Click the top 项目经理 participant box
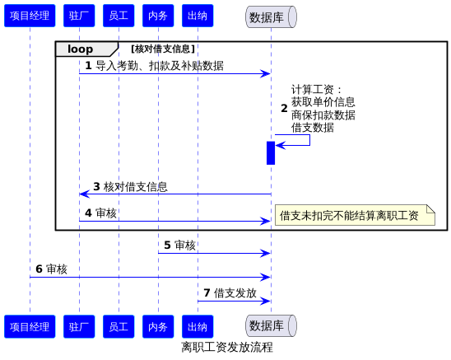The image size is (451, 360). tap(30, 16)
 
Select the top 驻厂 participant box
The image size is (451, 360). tap(79, 16)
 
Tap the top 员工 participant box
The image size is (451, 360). tap(119, 16)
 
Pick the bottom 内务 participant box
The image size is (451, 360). tap(158, 326)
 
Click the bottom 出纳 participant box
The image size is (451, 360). tap(198, 326)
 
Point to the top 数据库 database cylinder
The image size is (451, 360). tap(271, 17)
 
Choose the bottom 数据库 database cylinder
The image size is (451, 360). tap(271, 325)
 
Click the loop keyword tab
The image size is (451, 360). tap(86, 49)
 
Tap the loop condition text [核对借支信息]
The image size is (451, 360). tap(163, 49)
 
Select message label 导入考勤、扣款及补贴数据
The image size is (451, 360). tap(160, 66)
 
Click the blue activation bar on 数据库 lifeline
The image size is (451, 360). tap(271, 153)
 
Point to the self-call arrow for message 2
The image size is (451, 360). tap(309, 140)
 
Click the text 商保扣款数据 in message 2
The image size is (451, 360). tap(323, 115)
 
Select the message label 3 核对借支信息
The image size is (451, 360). tap(130, 187)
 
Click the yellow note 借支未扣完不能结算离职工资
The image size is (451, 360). tap(355, 215)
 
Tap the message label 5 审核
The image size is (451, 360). tap(179, 245)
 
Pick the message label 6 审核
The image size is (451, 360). tap(52, 269)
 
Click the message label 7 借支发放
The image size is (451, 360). tap(230, 293)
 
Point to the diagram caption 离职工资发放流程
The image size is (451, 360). tap(227, 347)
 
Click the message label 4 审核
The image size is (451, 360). tap(100, 213)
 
